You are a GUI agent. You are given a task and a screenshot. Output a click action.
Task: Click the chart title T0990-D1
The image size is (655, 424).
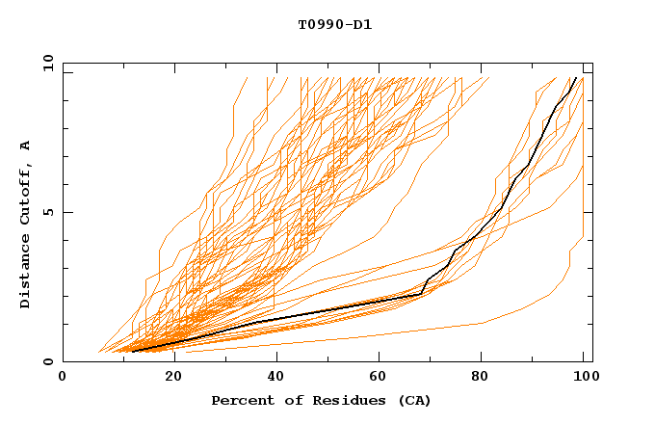pyautogui.click(x=334, y=24)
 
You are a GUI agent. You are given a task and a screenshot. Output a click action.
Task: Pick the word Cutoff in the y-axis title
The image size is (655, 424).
pyautogui.click(x=26, y=193)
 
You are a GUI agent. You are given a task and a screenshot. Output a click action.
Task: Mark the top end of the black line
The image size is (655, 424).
pyautogui.click(x=576, y=78)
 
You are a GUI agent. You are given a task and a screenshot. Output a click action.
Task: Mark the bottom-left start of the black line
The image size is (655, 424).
pyautogui.click(x=132, y=352)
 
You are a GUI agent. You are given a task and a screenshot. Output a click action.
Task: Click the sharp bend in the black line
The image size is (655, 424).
pyautogui.click(x=421, y=293)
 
